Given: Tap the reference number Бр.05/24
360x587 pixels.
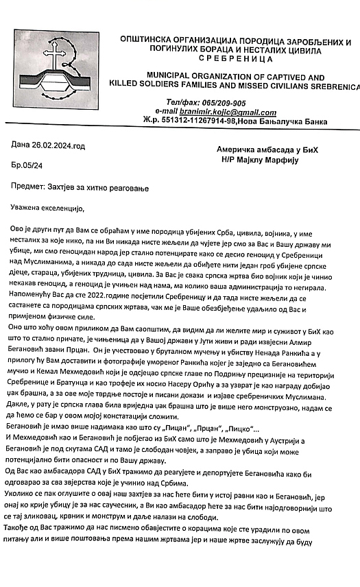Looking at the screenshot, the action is click(x=27, y=166).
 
